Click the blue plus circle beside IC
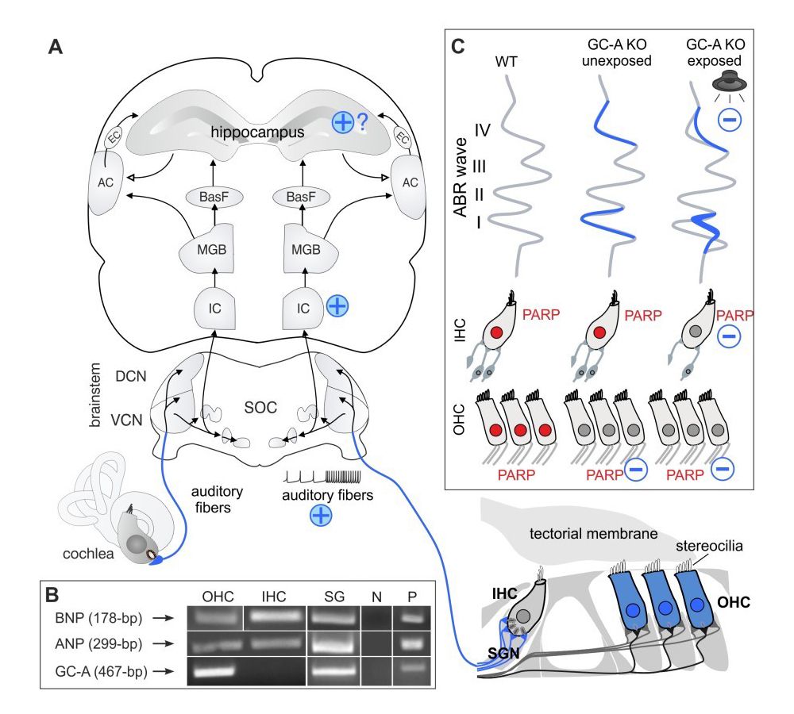[x=338, y=306]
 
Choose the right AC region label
[x=410, y=182]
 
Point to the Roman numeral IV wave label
[x=485, y=129]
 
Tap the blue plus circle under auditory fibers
[x=322, y=515]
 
